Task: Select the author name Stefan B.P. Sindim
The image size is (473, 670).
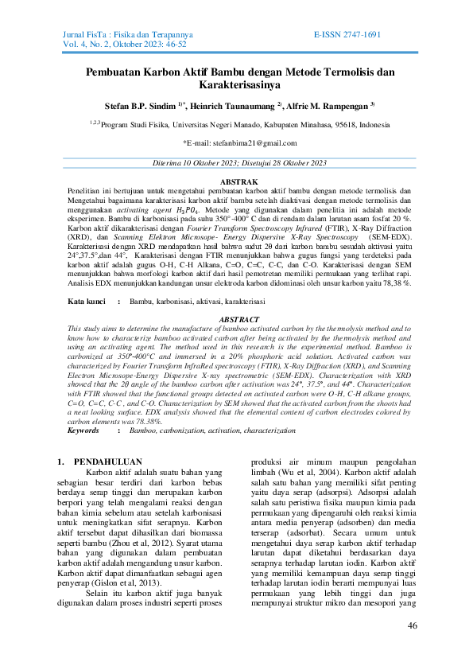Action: point(142,105)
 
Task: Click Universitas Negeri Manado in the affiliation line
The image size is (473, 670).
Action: point(215,125)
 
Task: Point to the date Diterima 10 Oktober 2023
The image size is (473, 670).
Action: point(197,163)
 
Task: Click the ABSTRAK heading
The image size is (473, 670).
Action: point(238,182)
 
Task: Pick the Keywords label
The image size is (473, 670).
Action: point(83,430)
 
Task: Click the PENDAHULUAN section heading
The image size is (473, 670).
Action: point(107,461)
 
